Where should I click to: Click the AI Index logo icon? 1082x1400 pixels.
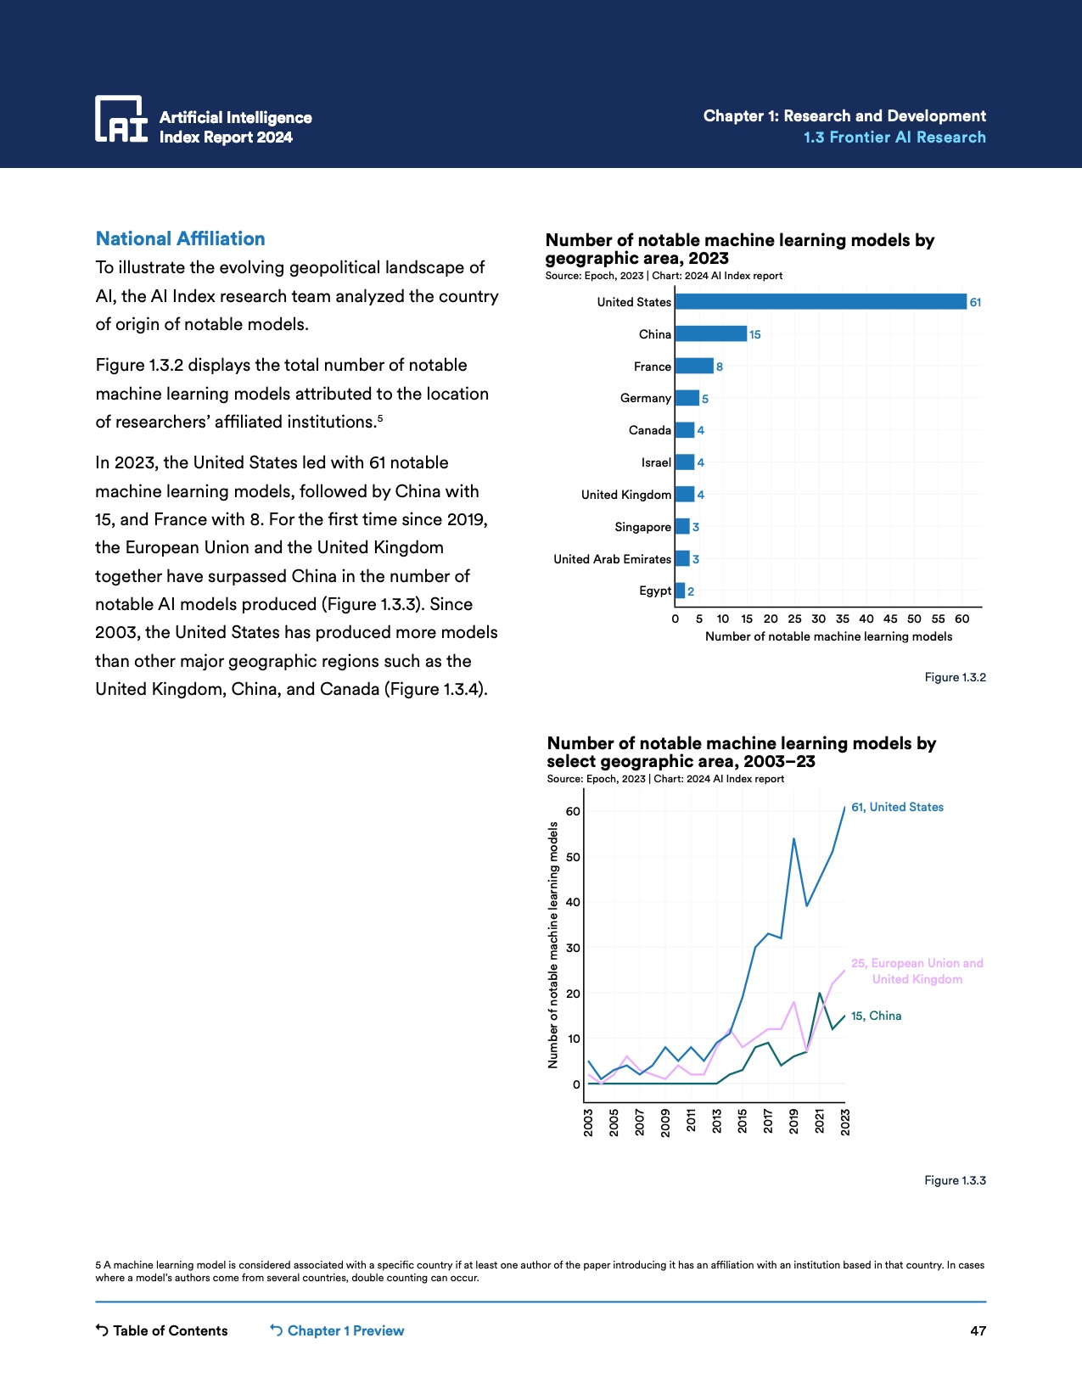pos(121,119)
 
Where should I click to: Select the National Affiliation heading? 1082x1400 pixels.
pos(180,238)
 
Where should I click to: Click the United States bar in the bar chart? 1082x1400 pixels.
pos(820,302)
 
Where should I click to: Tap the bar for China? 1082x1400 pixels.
pos(710,334)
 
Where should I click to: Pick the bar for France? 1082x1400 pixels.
pos(693,367)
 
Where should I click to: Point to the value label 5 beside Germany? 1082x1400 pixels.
pos(704,399)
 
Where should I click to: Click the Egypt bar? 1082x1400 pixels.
pos(680,591)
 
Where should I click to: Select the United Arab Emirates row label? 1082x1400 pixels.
pos(612,559)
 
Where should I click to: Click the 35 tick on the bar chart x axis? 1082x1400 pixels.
pos(842,619)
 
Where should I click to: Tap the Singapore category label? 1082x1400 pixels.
pos(642,527)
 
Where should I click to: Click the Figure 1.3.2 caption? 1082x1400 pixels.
pos(955,677)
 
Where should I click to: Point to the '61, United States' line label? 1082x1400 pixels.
pos(897,807)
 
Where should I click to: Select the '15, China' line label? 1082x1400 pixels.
pos(876,1016)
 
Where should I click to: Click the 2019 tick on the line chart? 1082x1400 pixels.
pos(793,1121)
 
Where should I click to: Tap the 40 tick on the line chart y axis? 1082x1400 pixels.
pos(573,902)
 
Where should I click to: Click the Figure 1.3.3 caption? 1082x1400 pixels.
pos(955,1180)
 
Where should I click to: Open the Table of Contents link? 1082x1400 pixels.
pos(162,1330)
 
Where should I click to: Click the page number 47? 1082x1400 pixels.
pos(978,1330)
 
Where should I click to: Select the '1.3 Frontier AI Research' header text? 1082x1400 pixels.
pos(894,137)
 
